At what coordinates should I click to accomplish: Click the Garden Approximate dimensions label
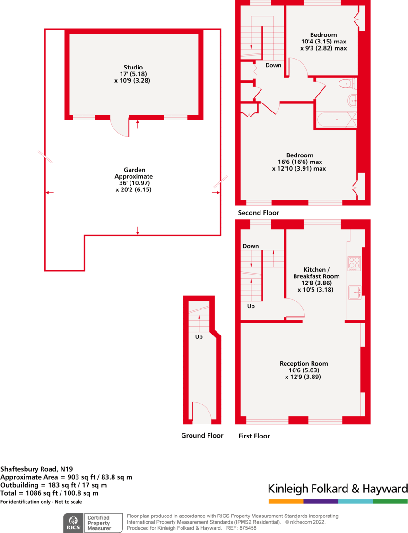135,180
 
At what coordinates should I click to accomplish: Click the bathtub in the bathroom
336,120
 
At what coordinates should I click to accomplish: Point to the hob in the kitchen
354,263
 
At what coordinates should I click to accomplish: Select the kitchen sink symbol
355,292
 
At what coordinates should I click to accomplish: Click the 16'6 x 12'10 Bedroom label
299,162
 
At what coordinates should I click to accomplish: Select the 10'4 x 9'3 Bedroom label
323,42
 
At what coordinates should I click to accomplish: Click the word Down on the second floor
273,65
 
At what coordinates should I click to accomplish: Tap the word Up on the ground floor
199,337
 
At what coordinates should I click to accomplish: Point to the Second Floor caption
258,213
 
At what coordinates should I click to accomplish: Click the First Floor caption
254,436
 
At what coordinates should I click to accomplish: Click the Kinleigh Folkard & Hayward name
338,489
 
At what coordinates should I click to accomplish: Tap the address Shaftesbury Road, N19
36,469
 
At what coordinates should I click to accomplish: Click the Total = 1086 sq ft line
49,493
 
